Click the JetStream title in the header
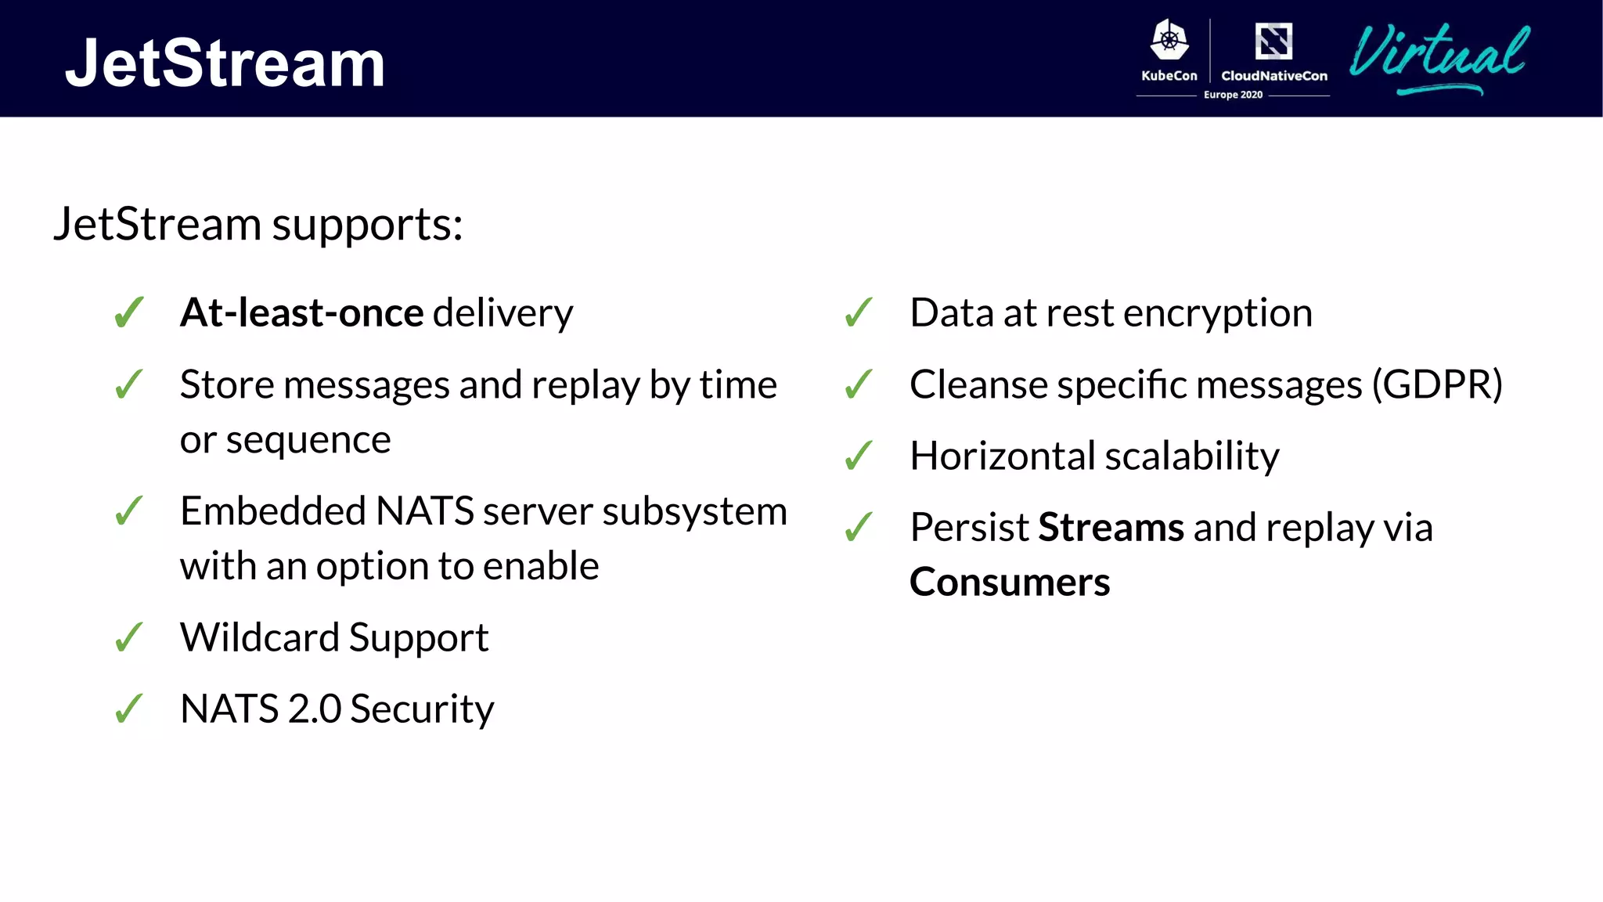click(225, 63)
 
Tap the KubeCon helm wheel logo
click(1169, 40)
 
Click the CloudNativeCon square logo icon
click(1273, 41)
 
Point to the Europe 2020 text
click(1233, 95)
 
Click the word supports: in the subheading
click(367, 225)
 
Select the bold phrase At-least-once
click(302, 312)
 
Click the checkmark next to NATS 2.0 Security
click(129, 709)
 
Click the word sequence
click(308, 440)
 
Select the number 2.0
click(314, 709)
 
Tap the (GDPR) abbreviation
click(1437, 384)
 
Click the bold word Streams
click(1111, 527)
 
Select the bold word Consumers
click(1010, 583)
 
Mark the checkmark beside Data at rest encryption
click(859, 312)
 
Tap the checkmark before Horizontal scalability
click(859, 456)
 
